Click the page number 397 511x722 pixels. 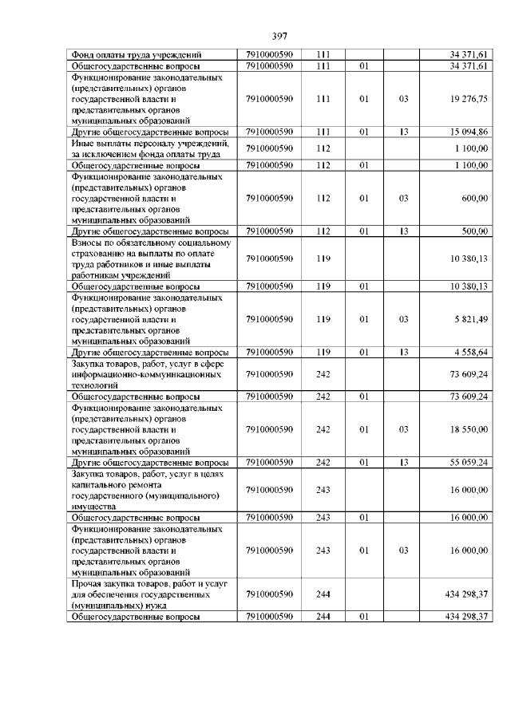coord(279,36)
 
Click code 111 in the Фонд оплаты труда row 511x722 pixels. coord(323,54)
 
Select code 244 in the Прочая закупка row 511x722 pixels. coord(323,594)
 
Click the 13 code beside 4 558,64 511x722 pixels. coord(403,352)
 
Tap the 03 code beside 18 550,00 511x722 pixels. coord(403,429)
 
